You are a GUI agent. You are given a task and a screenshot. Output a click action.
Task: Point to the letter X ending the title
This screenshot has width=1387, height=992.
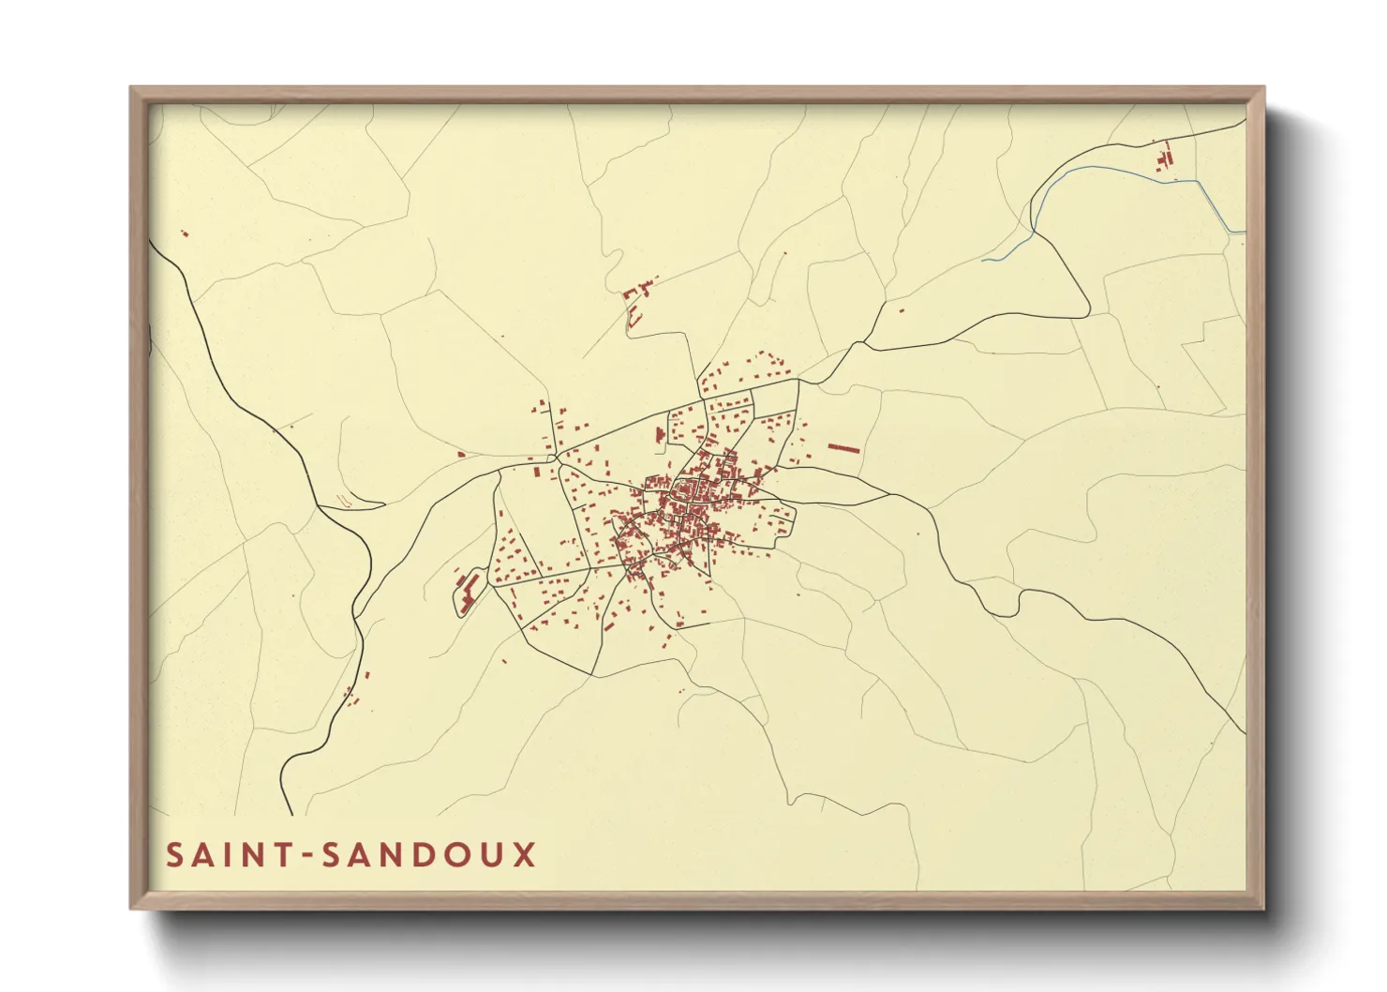(524, 855)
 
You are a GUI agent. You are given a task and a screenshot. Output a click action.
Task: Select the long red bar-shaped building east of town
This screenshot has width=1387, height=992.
(843, 449)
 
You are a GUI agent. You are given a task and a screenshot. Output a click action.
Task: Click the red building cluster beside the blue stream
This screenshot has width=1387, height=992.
(1165, 158)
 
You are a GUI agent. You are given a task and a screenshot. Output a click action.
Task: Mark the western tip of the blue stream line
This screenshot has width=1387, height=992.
(983, 260)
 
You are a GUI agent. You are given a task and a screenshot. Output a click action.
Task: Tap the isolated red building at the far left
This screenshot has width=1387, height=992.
(184, 233)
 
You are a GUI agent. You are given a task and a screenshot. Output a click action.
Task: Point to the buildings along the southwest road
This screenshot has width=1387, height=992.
(354, 692)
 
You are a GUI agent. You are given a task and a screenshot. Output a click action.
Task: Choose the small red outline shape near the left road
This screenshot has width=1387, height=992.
(346, 501)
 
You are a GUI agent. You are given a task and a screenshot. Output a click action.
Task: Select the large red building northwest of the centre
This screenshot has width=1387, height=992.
(660, 435)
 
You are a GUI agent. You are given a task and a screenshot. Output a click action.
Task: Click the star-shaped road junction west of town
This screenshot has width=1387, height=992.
(556, 457)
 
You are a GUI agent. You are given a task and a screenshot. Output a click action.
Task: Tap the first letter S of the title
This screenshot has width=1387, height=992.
(175, 855)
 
